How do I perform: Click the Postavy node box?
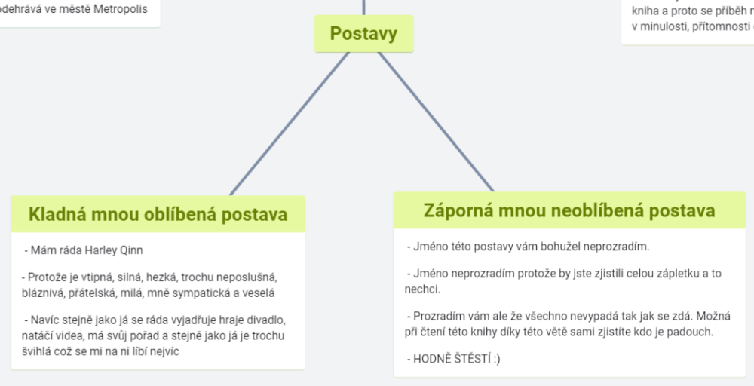(363, 34)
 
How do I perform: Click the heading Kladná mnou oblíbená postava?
(158, 214)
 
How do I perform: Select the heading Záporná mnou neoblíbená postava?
(569, 209)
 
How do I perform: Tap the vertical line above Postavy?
(364, 8)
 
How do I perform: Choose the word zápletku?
(670, 273)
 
